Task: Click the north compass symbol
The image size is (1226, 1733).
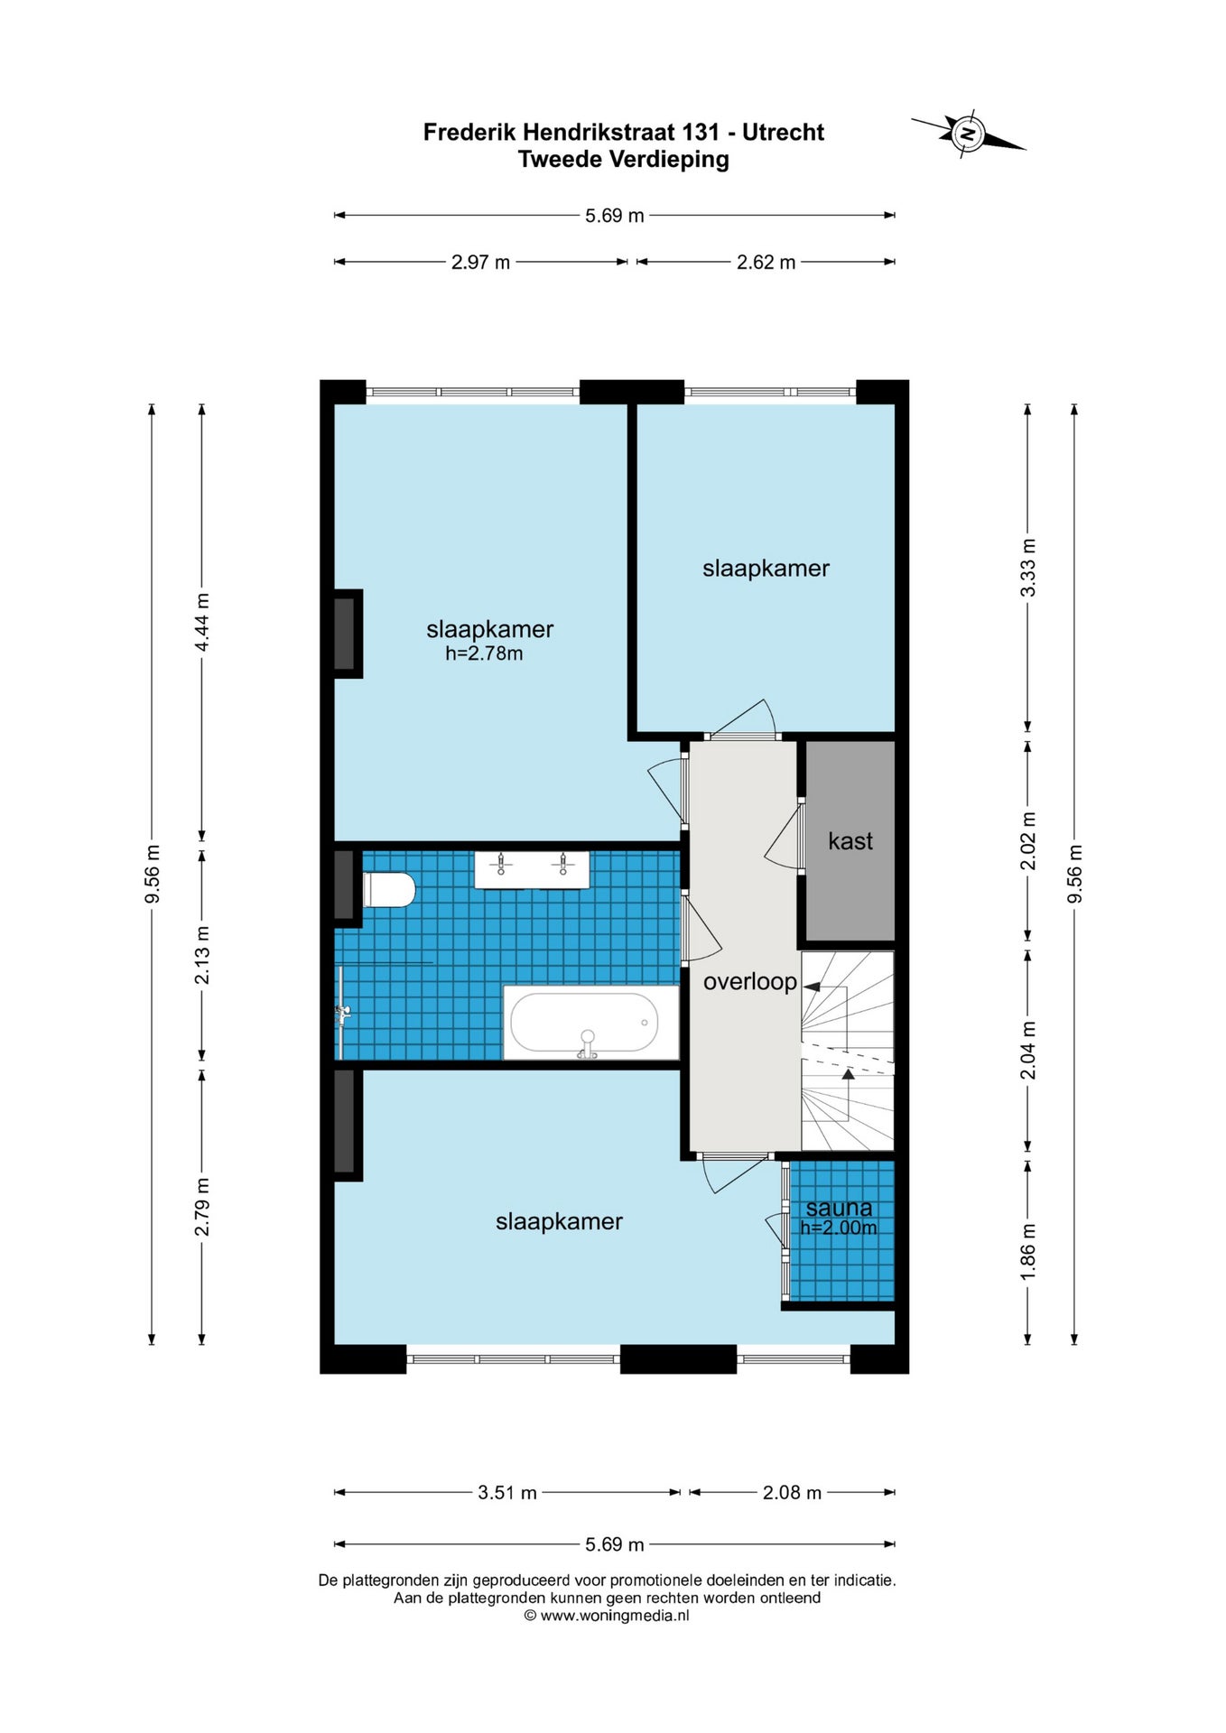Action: tap(968, 134)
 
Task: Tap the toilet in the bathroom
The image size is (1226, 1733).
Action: tap(388, 889)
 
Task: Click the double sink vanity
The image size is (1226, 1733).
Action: tap(532, 868)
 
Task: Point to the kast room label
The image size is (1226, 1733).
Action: tap(850, 841)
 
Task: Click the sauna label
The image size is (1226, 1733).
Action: tap(839, 1208)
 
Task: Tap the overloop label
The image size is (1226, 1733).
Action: tap(750, 981)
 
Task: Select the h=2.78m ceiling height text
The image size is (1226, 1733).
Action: tap(484, 653)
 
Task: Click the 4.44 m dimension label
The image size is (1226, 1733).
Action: tap(202, 622)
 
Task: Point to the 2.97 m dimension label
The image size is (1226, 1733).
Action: tap(480, 263)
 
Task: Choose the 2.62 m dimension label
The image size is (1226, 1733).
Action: tap(766, 263)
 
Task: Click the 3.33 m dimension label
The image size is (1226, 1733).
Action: tap(1027, 567)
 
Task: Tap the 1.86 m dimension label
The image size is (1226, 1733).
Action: tap(1027, 1250)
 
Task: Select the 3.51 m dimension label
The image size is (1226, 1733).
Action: tap(507, 1493)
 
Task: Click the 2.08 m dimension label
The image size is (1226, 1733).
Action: tap(792, 1493)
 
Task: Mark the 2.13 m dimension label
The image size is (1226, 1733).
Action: tap(202, 955)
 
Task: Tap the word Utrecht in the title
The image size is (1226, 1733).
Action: tap(783, 133)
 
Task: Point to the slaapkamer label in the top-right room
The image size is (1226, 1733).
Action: tap(766, 569)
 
